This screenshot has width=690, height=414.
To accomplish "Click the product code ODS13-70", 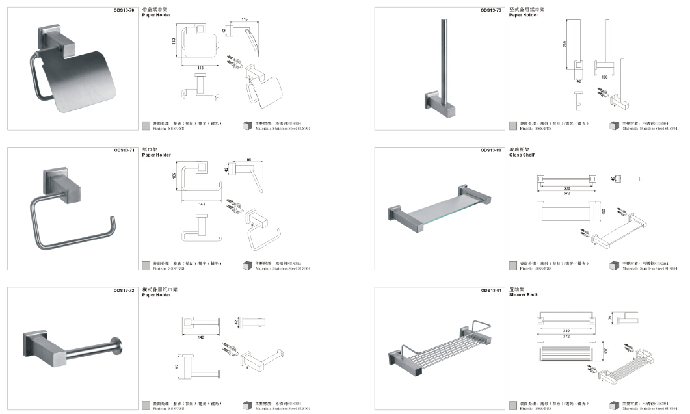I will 124,10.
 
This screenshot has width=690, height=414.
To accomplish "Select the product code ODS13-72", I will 124,290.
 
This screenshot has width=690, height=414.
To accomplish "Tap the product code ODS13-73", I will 490,10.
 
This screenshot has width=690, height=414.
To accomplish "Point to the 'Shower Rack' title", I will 524,295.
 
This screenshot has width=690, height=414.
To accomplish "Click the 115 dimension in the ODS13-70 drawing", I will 245,19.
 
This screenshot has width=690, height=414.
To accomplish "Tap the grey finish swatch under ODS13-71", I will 146,265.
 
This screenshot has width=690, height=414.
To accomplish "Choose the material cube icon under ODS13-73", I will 614,125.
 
